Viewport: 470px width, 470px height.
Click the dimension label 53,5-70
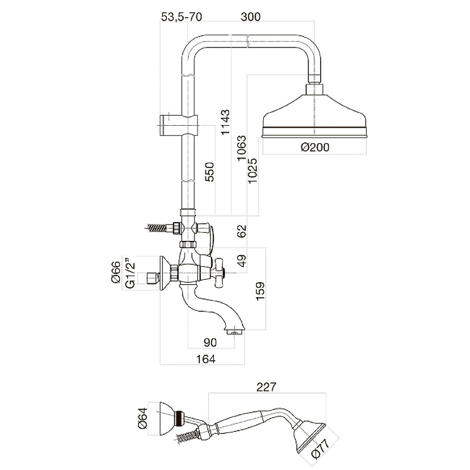coord(181,17)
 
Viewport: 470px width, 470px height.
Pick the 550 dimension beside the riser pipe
coord(210,173)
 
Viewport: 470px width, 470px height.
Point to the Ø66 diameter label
coord(116,274)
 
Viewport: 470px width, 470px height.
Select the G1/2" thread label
coord(131,274)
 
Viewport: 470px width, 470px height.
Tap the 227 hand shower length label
coord(266,387)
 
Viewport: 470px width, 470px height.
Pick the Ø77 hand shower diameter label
coord(331,448)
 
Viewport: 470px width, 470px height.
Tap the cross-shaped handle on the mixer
coord(220,271)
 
